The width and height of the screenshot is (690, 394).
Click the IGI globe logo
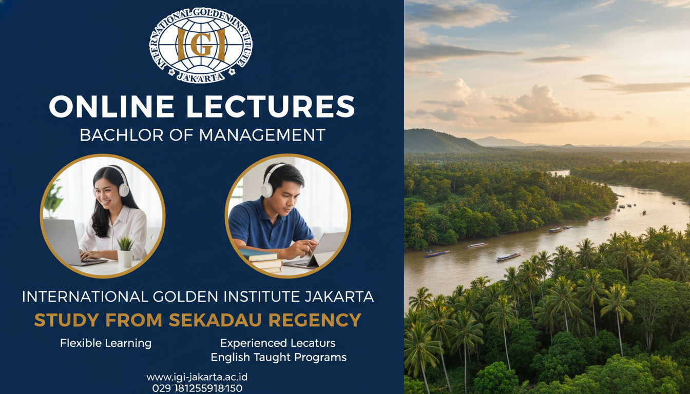tap(201, 45)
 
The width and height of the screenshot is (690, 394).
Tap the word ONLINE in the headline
tap(111, 106)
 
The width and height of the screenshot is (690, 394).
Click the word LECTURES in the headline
tap(271, 106)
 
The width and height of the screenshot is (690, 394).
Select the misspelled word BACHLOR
tap(121, 135)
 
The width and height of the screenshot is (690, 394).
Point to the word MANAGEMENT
tap(262, 135)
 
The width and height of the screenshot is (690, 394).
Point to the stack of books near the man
tap(261, 261)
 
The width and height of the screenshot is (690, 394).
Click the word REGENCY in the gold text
tap(315, 320)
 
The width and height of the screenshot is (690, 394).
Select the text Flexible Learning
tap(106, 343)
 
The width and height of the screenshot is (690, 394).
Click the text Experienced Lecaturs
tap(278, 343)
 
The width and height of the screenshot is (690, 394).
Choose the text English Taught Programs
tap(278, 358)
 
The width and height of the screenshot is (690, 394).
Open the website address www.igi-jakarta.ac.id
tap(197, 377)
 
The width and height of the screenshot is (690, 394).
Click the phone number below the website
tap(197, 388)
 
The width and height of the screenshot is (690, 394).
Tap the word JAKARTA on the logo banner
tap(200, 77)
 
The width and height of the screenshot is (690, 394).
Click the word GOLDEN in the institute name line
tap(186, 297)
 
